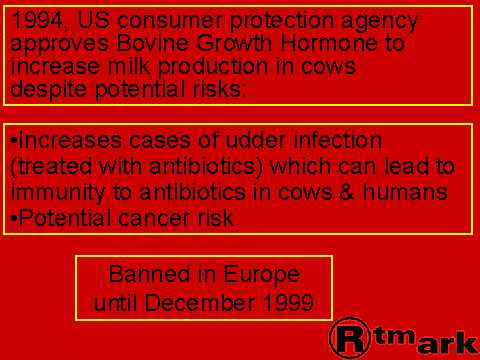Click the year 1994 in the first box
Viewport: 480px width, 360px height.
pyautogui.click(x=37, y=20)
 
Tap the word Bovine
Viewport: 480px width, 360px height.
pyautogui.click(x=152, y=43)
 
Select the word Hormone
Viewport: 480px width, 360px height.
pyautogui.click(x=328, y=43)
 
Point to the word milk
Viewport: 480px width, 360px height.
pyautogui.click(x=128, y=66)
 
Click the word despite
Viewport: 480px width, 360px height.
pyautogui.click(x=48, y=90)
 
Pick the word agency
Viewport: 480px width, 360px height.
pyautogui.click(x=379, y=22)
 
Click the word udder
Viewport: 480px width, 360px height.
pyautogui.click(x=255, y=140)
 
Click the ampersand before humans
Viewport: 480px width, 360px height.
pyautogui.click(x=347, y=192)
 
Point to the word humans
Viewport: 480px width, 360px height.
pyautogui.click(x=405, y=192)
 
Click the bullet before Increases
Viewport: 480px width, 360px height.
pyautogui.click(x=14, y=140)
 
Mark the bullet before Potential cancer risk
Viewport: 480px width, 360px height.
pyautogui.click(x=14, y=219)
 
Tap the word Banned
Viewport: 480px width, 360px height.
pyautogui.click(x=149, y=274)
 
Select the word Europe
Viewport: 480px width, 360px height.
pyautogui.click(x=262, y=275)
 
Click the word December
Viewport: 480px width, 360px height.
pyautogui.click(x=200, y=303)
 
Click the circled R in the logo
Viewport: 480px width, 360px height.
pyautogui.click(x=350, y=337)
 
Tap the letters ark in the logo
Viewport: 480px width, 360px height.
pyautogui.click(x=447, y=343)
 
